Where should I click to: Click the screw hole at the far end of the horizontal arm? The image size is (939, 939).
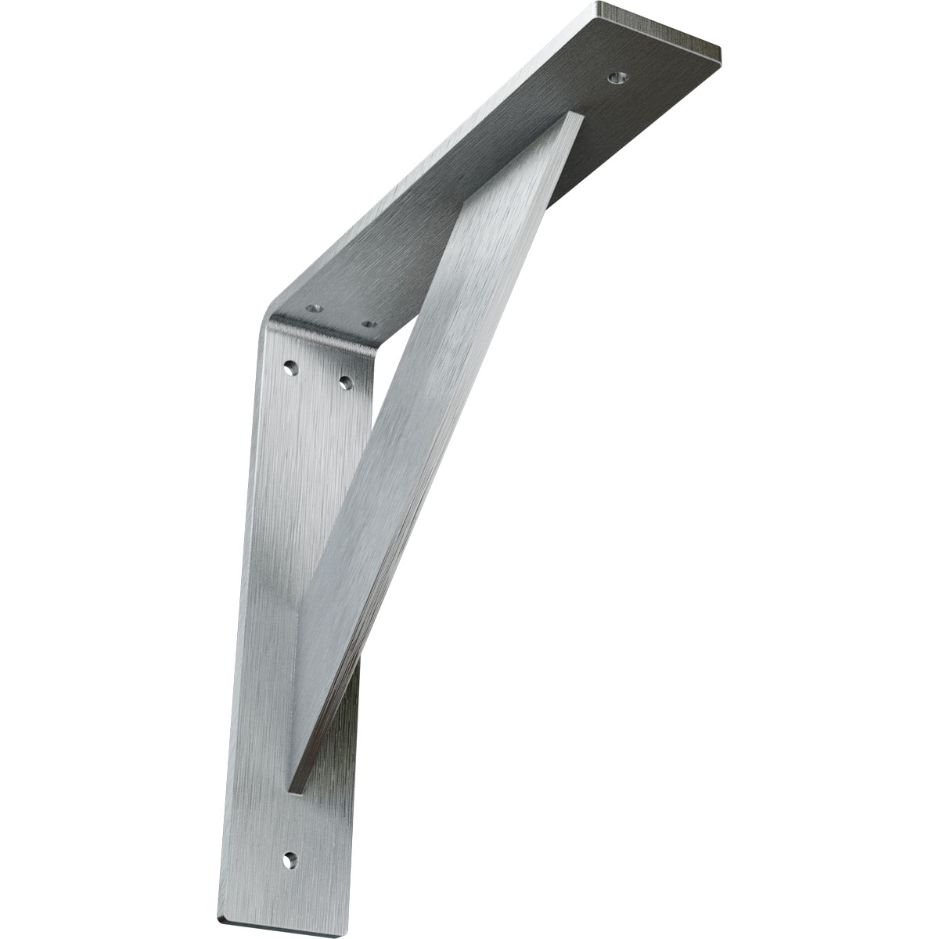coord(618,78)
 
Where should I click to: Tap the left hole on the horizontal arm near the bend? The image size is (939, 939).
coord(315,309)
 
